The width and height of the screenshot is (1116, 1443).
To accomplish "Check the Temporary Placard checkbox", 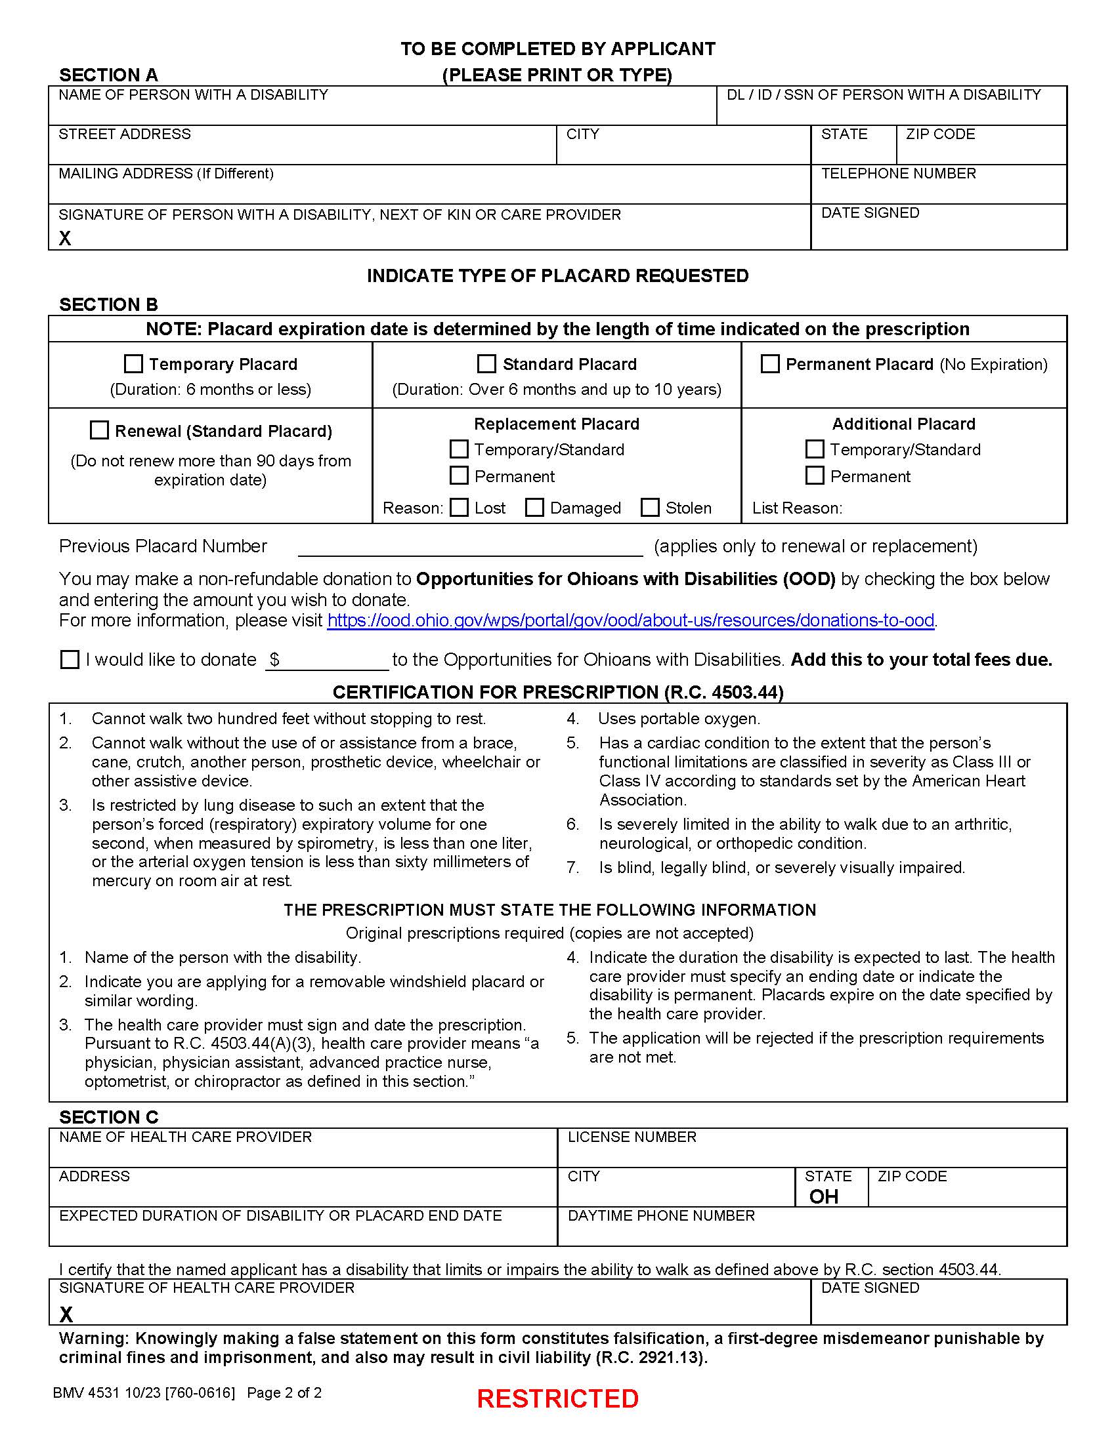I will coord(133,364).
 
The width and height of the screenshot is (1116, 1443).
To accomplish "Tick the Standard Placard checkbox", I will coord(486,364).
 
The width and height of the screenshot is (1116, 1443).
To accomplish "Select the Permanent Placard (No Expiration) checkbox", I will coord(769,364).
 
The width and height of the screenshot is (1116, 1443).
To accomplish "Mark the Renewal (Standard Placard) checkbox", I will coord(99,430).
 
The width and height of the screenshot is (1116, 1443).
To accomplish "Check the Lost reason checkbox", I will coord(459,508).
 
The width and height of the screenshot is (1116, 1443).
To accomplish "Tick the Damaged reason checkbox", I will coord(534,508).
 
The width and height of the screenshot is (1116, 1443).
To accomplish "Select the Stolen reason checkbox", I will coord(650,508).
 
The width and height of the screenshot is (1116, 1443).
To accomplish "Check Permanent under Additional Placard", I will coord(815,476).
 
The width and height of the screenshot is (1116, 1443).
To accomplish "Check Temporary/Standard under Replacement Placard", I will coord(459,449).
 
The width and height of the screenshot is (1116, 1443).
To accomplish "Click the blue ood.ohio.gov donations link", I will coord(630,620).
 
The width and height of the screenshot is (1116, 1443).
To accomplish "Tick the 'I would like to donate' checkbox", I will coord(70,659).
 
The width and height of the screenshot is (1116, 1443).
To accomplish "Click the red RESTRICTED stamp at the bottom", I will coord(557,1398).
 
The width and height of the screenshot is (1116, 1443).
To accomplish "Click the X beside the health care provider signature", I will coord(66,1314).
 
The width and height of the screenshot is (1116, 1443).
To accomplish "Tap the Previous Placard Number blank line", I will coord(470,548).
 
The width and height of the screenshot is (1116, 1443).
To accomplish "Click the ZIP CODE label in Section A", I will coord(940,134).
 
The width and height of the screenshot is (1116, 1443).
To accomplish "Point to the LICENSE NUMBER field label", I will coord(632,1137).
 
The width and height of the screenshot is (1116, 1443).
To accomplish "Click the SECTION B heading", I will coord(108,304).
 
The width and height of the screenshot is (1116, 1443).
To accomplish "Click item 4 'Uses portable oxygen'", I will coord(678,719).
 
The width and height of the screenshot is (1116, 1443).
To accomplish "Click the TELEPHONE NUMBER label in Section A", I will coord(898,173).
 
